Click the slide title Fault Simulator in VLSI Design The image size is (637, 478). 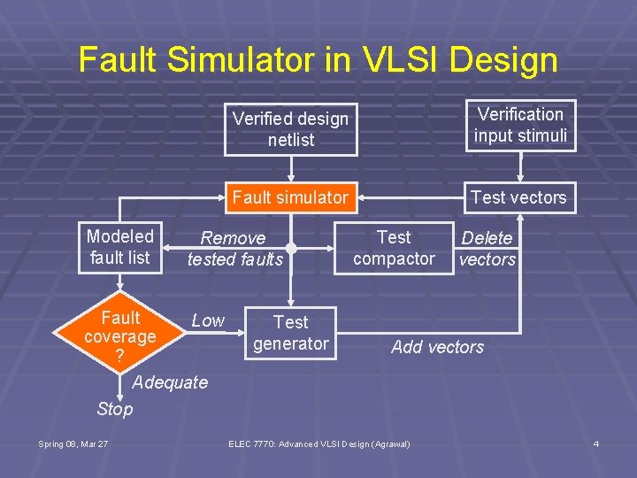click(318, 60)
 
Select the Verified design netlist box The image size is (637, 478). click(290, 129)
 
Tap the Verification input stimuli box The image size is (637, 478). click(520, 125)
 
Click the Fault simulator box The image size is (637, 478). click(290, 197)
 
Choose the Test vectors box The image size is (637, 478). click(519, 197)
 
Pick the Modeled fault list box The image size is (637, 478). click(120, 247)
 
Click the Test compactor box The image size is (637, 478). click(394, 248)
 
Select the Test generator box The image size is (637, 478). click(290, 333)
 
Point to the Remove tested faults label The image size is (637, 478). click(234, 249)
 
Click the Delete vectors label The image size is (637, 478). click(487, 249)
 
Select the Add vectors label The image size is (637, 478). click(437, 347)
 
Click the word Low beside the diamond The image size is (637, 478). click(208, 320)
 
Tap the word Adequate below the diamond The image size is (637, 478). click(169, 382)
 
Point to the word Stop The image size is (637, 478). click(115, 409)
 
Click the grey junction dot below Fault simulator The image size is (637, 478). click(291, 249)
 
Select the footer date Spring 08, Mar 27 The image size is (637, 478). click(73, 443)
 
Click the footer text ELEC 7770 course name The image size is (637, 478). click(319, 443)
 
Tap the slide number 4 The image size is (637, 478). click(595, 443)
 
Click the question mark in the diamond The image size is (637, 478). click(119, 356)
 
